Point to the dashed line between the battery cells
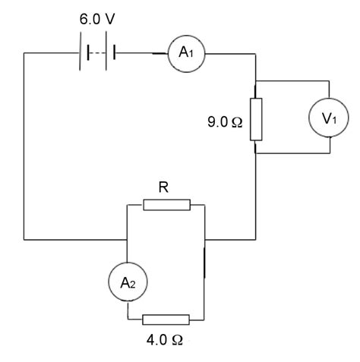[98, 52]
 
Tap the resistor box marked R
[166, 205]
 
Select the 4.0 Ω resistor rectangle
[166, 320]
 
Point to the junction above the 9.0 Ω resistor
[255, 80]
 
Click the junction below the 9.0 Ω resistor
[255, 155]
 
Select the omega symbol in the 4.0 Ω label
[177, 339]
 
